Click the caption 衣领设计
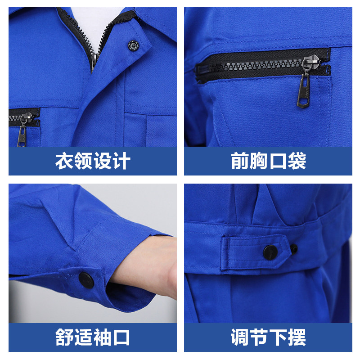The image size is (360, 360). click(x=93, y=161)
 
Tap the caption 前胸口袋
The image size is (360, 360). click(x=268, y=161)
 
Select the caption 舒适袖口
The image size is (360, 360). click(x=93, y=337)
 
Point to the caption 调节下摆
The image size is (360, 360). click(x=268, y=337)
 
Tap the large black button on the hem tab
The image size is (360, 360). click(x=270, y=252)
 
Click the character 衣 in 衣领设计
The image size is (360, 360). click(x=64, y=161)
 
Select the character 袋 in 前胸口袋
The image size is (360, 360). click(x=297, y=161)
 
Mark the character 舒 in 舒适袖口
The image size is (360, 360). click(x=64, y=337)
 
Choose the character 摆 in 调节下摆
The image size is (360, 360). click(x=297, y=337)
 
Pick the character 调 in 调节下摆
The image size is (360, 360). click(x=240, y=337)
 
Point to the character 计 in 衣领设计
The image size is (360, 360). click(x=121, y=161)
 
